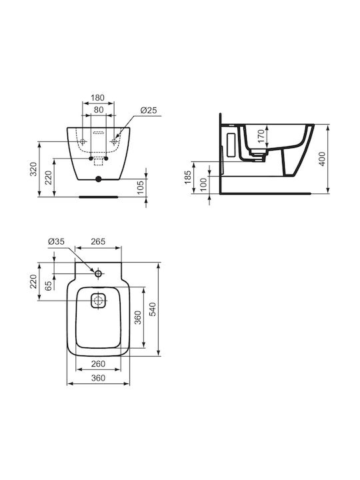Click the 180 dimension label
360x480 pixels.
point(97,98)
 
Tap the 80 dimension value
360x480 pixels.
point(99,109)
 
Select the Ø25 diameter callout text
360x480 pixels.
point(149,110)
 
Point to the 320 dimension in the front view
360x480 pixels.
point(33,169)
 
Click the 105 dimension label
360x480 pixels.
point(139,188)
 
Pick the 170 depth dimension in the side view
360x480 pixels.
point(261,136)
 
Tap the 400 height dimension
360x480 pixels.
point(322,159)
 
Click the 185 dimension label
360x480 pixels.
point(187,177)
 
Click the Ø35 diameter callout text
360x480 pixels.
point(56,241)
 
